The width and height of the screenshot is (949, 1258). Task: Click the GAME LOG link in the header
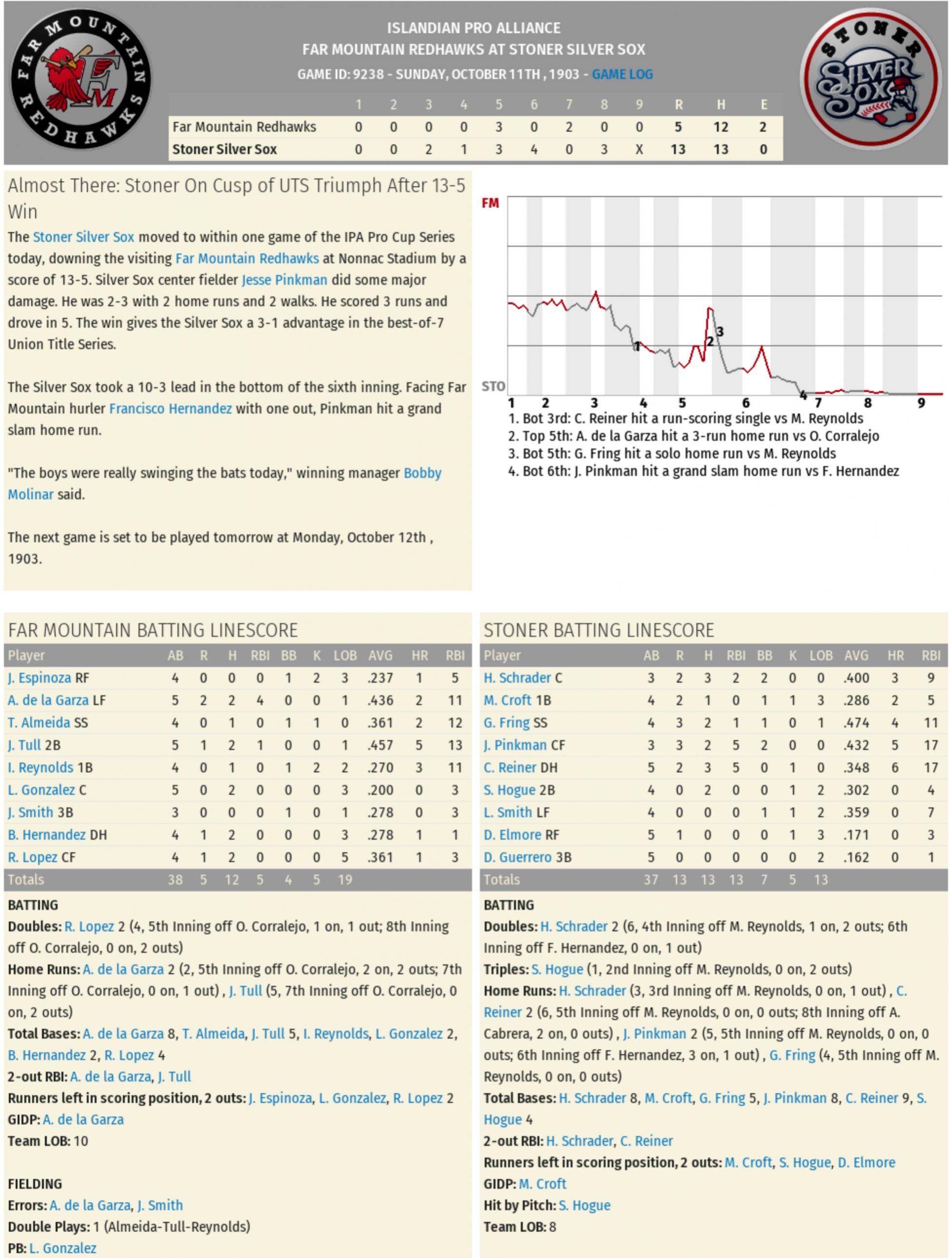(622, 75)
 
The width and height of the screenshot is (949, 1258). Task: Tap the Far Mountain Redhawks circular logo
(81, 80)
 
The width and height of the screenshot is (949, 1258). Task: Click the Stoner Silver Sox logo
(869, 80)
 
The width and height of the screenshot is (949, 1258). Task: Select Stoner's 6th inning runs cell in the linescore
(534, 150)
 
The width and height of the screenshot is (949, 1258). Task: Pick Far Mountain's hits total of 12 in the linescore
(720, 127)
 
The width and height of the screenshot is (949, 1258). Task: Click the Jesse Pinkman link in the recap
(284, 280)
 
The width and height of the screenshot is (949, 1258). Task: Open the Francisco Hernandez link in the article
(170, 408)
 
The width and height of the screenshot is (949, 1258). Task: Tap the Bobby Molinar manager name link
(422, 473)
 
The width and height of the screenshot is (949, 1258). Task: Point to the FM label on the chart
(490, 203)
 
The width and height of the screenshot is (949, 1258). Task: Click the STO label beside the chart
(493, 387)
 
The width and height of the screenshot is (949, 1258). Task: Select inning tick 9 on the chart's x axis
(921, 403)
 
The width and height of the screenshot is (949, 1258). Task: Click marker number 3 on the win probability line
(720, 332)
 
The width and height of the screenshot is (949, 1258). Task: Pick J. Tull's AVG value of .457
(380, 745)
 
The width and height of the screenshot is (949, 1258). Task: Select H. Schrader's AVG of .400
(856, 678)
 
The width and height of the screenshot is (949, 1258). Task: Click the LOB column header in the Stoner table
(820, 656)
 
